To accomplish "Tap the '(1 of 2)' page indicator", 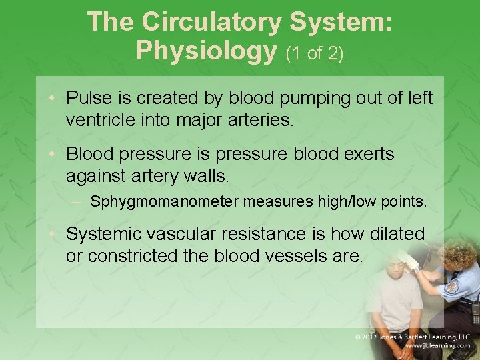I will (x=315, y=53).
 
